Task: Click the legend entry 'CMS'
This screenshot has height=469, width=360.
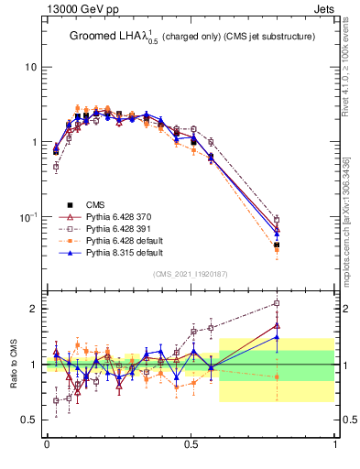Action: [x=95, y=204]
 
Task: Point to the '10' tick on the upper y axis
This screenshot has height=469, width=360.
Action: [x=31, y=67]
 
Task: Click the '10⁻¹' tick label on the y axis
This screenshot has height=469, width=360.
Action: [x=27, y=217]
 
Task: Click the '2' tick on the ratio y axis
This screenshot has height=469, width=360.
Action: [x=35, y=309]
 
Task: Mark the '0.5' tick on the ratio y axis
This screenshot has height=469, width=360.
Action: [x=31, y=420]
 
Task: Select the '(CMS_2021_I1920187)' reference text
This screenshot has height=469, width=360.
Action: [x=190, y=274]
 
